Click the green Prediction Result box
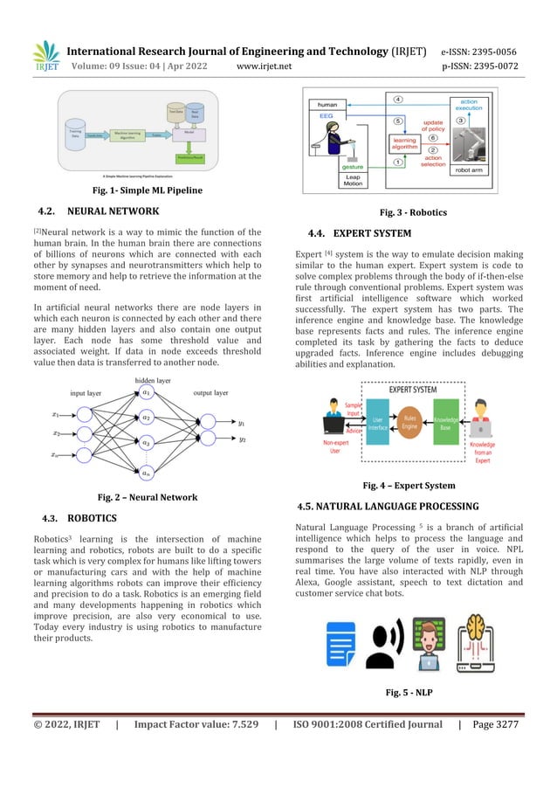pyautogui.click(x=185, y=157)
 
